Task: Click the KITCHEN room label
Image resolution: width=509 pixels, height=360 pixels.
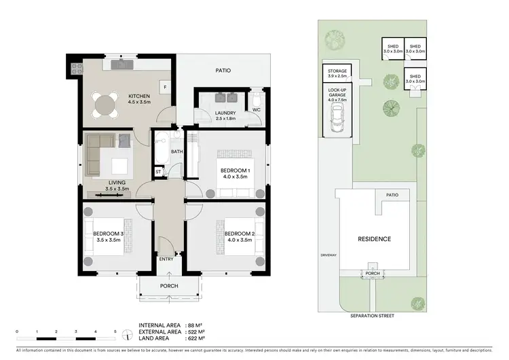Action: [x=139, y=96]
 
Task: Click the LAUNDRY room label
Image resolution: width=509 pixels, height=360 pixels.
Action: [x=225, y=113]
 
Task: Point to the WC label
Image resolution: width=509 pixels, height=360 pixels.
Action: [x=256, y=109]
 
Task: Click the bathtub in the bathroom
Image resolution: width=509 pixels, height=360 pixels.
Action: [x=160, y=151]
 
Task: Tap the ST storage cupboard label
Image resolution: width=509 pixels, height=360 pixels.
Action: [x=158, y=172]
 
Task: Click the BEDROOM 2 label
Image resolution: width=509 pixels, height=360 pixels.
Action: [x=234, y=234]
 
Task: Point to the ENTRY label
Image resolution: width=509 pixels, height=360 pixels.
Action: [x=166, y=259]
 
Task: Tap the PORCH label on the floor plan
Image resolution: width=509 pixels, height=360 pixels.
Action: [x=168, y=286]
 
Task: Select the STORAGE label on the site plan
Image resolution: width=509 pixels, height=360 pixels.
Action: [x=337, y=71]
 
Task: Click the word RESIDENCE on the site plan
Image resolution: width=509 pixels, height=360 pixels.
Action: [x=375, y=239]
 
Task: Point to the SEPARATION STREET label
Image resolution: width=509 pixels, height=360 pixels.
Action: [x=373, y=316]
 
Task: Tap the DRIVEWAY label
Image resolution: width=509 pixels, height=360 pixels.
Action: [x=328, y=255]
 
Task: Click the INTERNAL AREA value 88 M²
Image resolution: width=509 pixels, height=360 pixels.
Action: [x=195, y=325]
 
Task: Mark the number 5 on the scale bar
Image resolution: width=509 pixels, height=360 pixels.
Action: [x=115, y=331]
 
